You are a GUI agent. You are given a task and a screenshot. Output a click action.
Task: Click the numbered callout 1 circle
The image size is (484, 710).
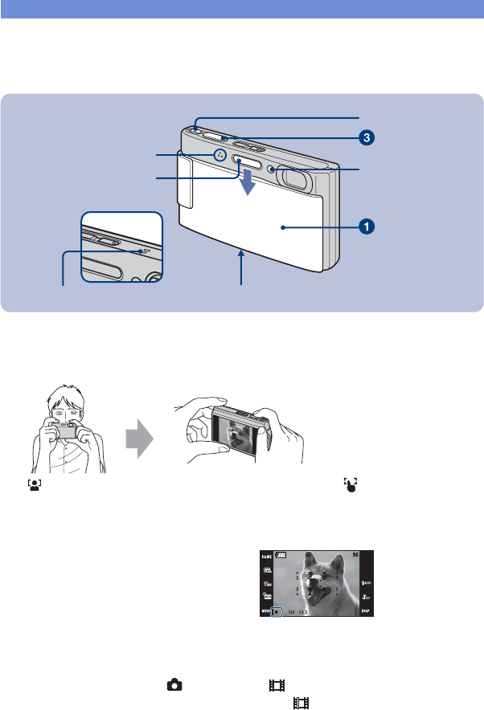pos(365,226)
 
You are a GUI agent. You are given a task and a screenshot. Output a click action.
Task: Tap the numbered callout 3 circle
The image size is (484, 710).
pos(365,137)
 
